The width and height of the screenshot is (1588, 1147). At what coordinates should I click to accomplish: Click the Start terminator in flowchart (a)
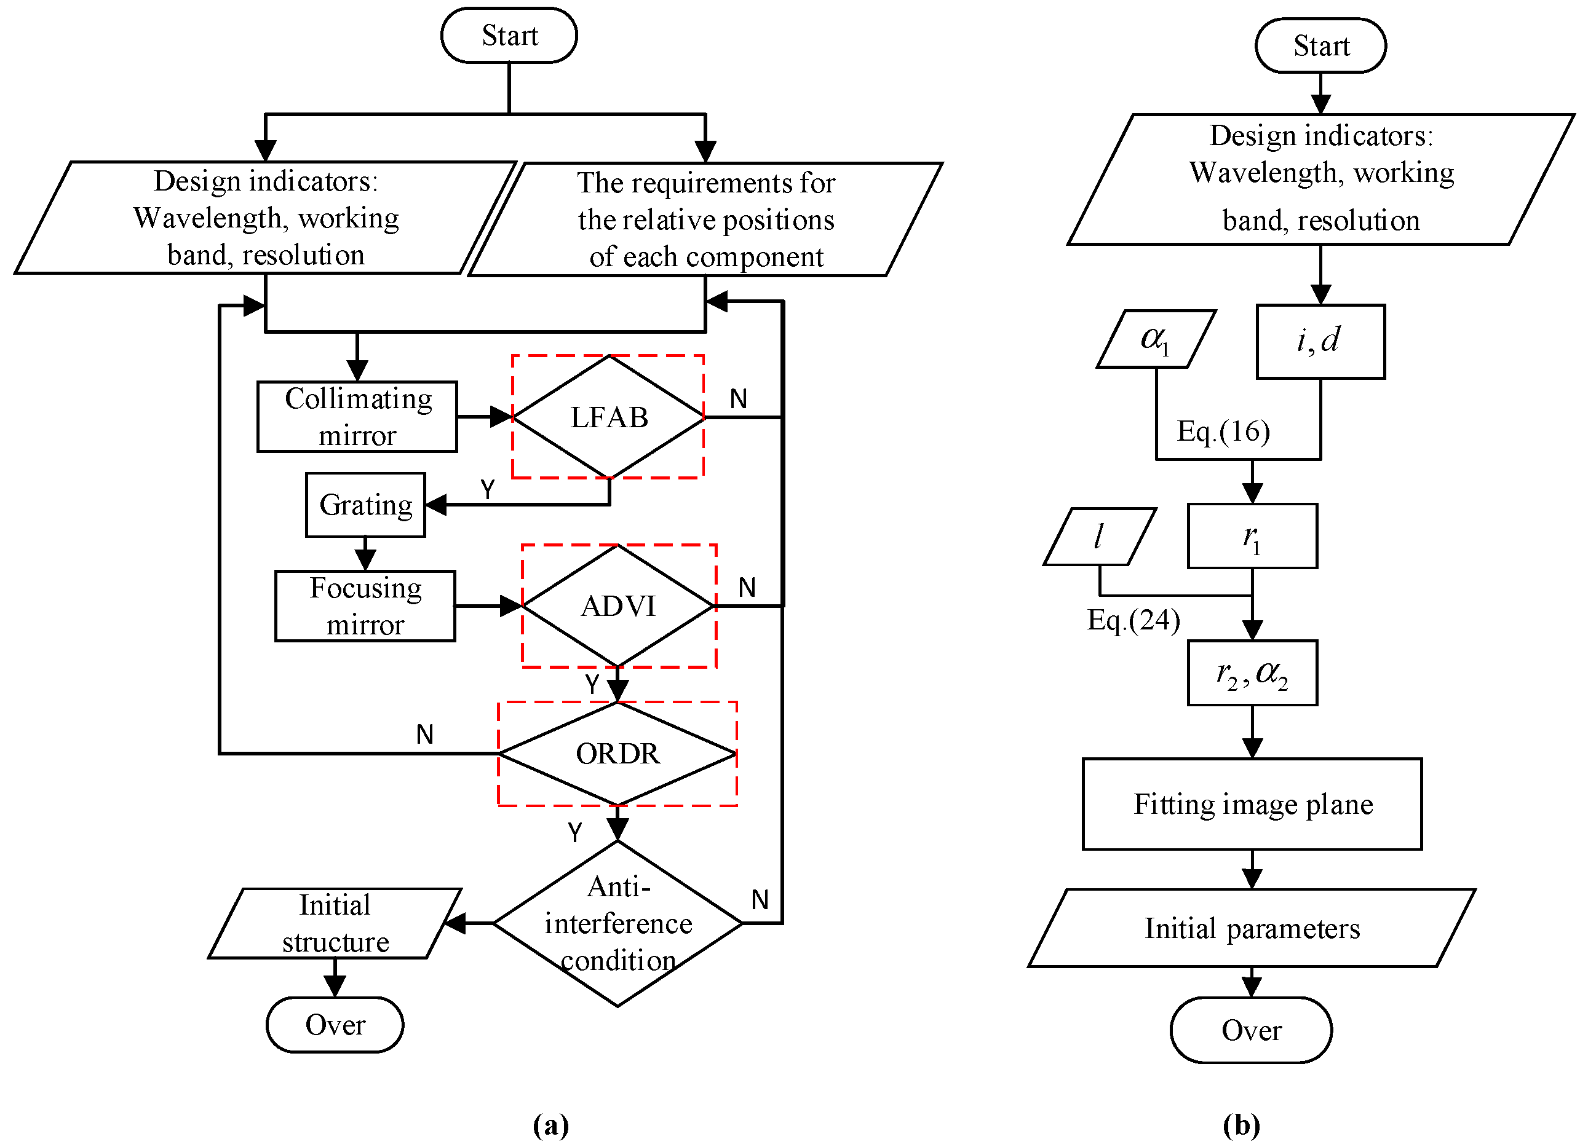pos(509,36)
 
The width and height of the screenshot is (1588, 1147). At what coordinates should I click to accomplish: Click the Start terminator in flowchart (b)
pos(1320,46)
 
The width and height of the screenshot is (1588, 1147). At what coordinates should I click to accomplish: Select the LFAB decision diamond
pos(608,417)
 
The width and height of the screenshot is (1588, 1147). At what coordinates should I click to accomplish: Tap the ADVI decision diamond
pos(618,606)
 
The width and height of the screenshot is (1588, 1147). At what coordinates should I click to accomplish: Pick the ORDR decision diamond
pos(617,754)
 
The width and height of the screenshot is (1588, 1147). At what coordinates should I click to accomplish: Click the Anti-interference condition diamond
pos(617,924)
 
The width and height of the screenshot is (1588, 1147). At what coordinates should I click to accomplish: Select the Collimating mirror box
pos(358,417)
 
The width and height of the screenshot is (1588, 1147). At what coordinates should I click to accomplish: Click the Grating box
pos(365,505)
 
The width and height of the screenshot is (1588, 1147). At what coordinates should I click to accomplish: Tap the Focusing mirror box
pos(365,606)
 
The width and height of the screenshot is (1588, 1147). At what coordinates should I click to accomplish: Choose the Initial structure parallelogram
pos(335,924)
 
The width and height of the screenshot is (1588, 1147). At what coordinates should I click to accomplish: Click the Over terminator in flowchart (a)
pos(335,1025)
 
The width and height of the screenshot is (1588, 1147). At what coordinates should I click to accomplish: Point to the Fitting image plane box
pos(1252,804)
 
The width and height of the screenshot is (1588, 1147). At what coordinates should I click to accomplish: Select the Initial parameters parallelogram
pos(1252,929)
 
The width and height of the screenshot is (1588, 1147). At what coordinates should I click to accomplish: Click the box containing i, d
pos(1320,342)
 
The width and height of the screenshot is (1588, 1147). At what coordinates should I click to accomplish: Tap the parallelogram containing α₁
pos(1156,339)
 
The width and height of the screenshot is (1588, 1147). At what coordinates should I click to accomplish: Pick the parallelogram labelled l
pos(1099,537)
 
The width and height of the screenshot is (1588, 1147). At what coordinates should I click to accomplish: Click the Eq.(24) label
pos(1133,620)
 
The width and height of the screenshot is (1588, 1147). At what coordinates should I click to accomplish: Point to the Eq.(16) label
pos(1223,431)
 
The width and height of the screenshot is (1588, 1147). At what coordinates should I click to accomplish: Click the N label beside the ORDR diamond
pos(425,735)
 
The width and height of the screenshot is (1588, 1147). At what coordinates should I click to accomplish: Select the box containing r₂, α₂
pos(1252,673)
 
